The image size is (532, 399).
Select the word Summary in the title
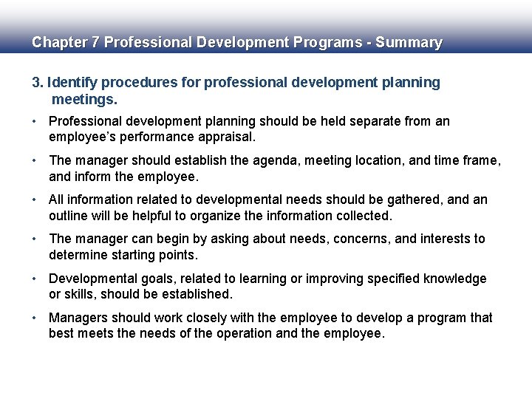pyautogui.click(x=409, y=42)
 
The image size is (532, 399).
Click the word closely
pyautogui.click(x=197, y=318)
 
